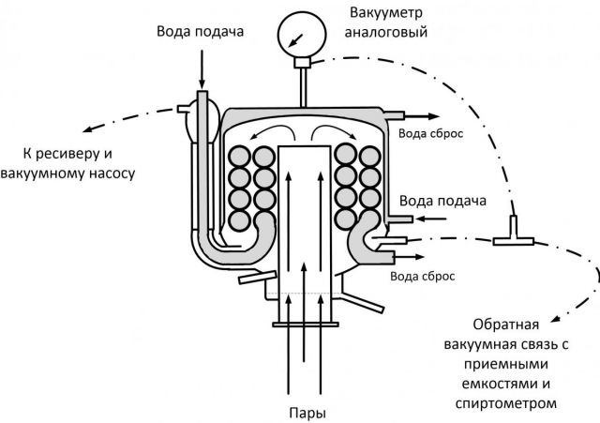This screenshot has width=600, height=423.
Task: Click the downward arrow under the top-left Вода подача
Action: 203,68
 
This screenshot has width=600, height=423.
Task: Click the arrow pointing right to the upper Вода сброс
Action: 416,116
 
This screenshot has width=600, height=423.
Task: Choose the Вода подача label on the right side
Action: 443,201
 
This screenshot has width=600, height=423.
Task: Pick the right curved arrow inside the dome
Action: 330,132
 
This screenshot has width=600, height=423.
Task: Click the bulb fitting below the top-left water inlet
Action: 203,109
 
